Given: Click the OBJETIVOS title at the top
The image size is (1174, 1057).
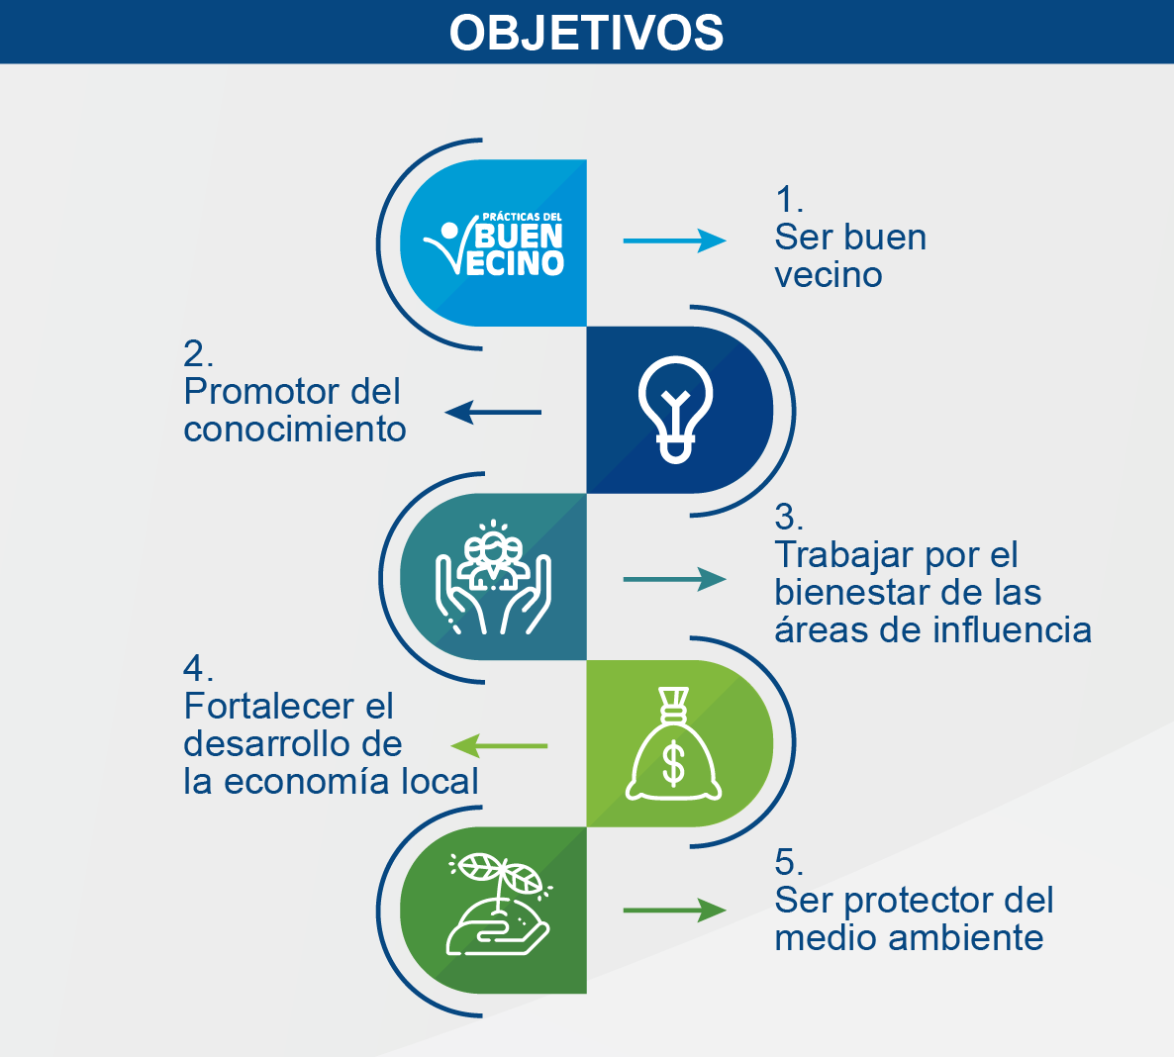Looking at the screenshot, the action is tap(586, 33).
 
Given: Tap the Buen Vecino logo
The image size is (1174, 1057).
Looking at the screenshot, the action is tap(494, 244).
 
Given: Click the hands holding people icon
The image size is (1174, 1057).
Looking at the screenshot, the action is tap(493, 577).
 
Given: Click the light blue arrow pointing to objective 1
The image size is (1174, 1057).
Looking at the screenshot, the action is tap(674, 240).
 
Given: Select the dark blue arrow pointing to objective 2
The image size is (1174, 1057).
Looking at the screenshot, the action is tap(493, 412).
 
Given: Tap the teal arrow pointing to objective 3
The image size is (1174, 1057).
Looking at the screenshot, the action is tap(674, 579).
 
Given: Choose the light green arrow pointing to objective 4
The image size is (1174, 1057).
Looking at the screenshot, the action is tap(499, 745).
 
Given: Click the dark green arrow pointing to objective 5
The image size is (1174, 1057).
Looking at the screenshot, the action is tap(674, 911).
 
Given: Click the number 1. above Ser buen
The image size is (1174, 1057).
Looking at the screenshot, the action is tap(789, 200).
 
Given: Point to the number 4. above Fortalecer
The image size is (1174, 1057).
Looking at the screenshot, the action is tap(198, 668).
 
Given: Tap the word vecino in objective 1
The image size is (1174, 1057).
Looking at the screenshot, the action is tap(829, 275).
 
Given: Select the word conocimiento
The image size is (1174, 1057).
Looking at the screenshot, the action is tap(295, 429).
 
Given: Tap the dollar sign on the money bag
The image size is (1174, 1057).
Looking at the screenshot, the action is tap(674, 763).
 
